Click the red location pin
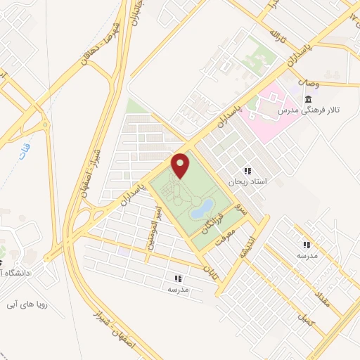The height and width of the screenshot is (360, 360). (181, 165)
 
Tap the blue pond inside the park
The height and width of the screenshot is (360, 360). (202, 208)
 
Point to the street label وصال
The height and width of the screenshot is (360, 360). (309, 82)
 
